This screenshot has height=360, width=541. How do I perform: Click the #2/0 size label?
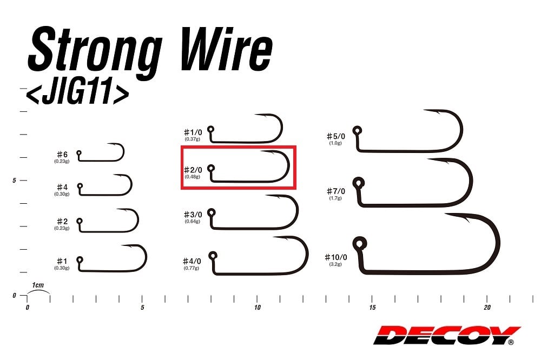[x=193, y=170]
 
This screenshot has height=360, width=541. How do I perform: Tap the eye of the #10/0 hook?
[x=360, y=244]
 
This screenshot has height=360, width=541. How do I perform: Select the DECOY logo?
[x=447, y=335]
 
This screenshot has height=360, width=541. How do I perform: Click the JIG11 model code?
[x=77, y=93]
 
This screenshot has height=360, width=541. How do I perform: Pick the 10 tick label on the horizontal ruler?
[x=257, y=308]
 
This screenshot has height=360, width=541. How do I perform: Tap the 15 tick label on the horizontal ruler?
[x=372, y=308]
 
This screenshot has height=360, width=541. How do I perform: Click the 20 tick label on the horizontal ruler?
[x=487, y=308]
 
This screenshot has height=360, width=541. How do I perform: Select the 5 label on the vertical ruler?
[x=14, y=181]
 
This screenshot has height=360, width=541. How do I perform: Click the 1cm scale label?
[x=38, y=285]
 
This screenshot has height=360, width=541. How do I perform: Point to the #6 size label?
[x=62, y=155]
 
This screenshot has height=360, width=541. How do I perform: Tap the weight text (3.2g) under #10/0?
[x=335, y=264]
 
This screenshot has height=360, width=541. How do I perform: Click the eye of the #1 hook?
[x=80, y=259]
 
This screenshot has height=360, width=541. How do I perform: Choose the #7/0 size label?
[x=336, y=191]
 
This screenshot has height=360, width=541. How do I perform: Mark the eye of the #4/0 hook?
[x=213, y=256]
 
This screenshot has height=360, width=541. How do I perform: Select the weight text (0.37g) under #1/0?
[x=192, y=139]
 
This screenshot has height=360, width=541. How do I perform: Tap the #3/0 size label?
[x=193, y=215]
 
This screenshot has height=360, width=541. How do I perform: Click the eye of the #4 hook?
[x=80, y=186]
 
